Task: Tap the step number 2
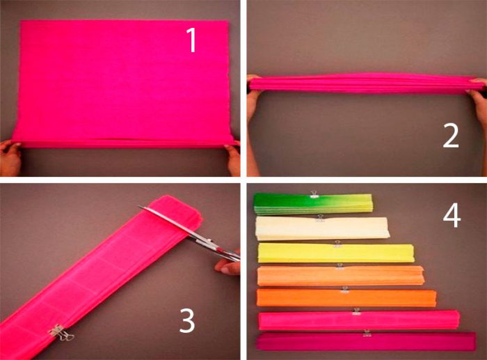coord(450,136)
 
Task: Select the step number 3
coord(187,321)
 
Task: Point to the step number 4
coord(452,216)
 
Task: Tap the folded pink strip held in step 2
coord(367,84)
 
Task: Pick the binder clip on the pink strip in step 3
coord(61,333)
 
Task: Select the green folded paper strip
coord(313,204)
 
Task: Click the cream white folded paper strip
coord(322,228)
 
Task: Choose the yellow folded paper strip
coord(336,253)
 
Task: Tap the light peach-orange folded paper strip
coord(341,276)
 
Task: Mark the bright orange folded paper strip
coord(346,297)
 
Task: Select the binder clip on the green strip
coord(314,194)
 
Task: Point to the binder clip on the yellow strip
coord(337,244)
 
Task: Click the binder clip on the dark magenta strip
coord(367,333)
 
